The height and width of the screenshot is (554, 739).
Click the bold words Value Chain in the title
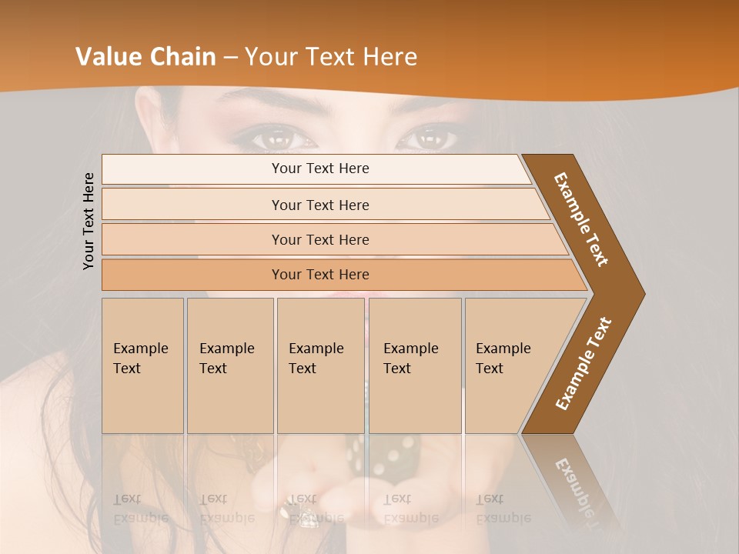click(x=145, y=57)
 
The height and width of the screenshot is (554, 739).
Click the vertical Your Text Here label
click(x=89, y=221)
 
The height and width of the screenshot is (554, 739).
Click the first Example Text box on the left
click(x=142, y=365)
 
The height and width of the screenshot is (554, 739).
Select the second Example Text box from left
click(x=230, y=365)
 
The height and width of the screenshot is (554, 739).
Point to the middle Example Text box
click(x=320, y=365)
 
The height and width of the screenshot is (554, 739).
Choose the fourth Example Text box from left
click(x=415, y=365)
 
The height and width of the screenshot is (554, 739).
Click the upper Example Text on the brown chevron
click(x=581, y=219)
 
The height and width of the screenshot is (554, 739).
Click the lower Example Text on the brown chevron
click(x=584, y=363)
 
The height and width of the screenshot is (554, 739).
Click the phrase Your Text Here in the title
click(x=330, y=57)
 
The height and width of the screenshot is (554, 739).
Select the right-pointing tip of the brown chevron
click(x=642, y=293)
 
